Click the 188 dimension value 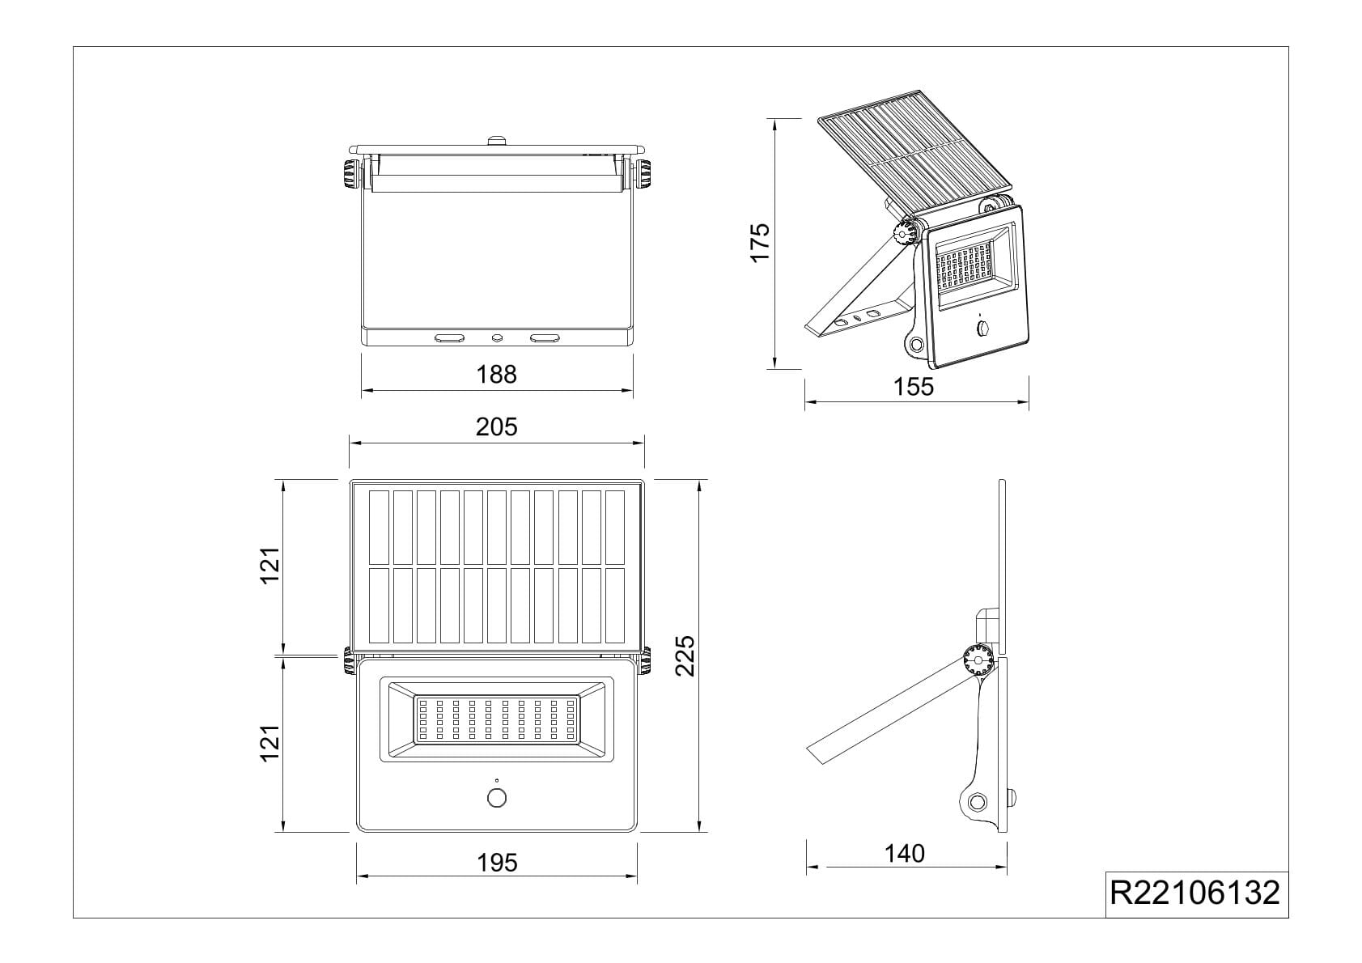[496, 375]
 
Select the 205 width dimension [496, 427]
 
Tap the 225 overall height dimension [685, 655]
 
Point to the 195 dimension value [496, 863]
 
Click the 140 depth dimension [904, 854]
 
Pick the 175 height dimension [760, 242]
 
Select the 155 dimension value [914, 388]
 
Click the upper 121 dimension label [269, 566]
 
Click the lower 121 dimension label [269, 743]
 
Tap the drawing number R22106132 [1195, 893]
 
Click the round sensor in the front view [496, 798]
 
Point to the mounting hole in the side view [978, 803]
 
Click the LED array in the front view [496, 719]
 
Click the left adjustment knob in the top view [351, 174]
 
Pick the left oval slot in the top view [450, 338]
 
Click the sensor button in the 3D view [983, 329]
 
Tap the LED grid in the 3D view [965, 269]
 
